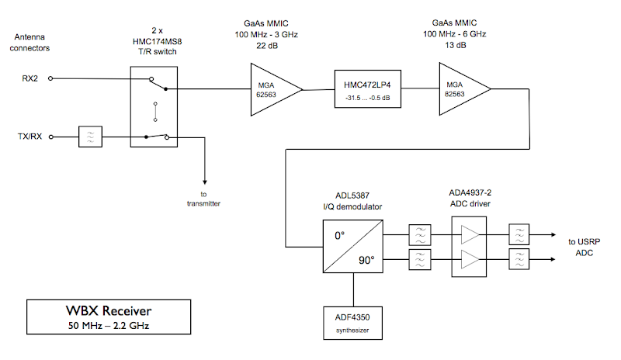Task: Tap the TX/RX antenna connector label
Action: (x=30, y=137)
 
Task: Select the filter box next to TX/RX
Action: (x=91, y=137)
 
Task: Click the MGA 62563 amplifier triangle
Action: (x=269, y=90)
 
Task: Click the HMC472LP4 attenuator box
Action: (x=367, y=91)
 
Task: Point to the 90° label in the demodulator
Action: (x=367, y=259)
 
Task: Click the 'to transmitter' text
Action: (x=204, y=199)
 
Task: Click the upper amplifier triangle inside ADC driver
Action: (x=470, y=232)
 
